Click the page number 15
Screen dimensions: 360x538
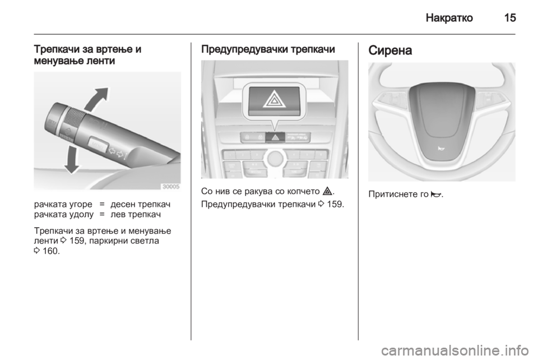509,18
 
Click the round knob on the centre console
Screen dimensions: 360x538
275,159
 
